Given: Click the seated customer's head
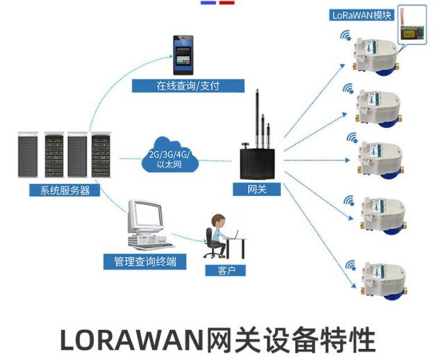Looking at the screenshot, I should point(218,221).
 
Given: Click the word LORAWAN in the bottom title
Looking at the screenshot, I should point(131,341).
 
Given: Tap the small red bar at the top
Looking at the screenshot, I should point(227,3).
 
